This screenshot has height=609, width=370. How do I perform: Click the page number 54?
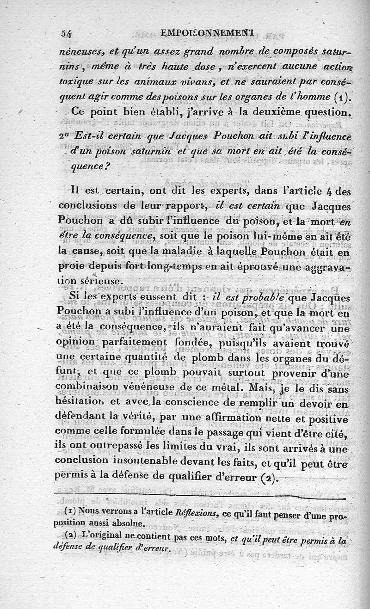[x=68, y=33]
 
